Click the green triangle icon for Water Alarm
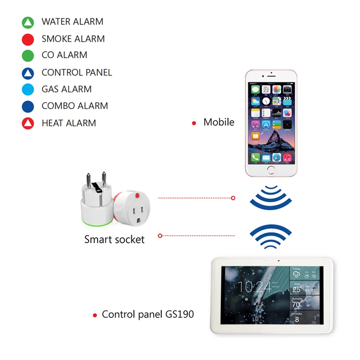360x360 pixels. click(28, 22)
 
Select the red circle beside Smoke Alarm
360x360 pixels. click(28, 39)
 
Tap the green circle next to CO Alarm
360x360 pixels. click(28, 56)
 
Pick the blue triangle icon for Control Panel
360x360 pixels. click(28, 73)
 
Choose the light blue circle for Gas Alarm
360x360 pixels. click(28, 89)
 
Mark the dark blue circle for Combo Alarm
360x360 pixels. click(28, 106)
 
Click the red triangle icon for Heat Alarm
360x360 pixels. click(28, 123)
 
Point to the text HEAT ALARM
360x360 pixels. click(69, 123)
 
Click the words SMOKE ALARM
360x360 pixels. click(73, 39)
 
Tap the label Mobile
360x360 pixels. click(219, 122)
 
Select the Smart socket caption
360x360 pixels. click(114, 239)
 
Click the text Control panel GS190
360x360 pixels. click(148, 315)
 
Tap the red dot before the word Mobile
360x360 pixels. click(194, 123)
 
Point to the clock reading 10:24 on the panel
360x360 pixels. click(254, 287)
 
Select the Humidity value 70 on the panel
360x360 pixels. click(296, 304)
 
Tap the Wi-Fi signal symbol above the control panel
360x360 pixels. click(270, 236)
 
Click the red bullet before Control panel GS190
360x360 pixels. click(95, 316)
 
